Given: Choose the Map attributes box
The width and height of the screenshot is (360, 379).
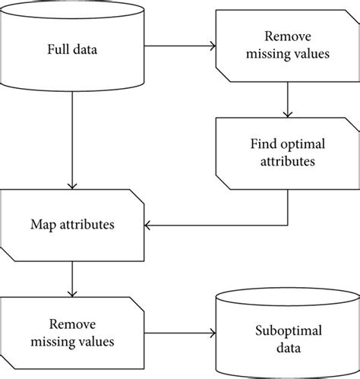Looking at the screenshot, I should [73, 225].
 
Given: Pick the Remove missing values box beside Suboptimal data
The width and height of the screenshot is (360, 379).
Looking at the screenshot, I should [72, 332].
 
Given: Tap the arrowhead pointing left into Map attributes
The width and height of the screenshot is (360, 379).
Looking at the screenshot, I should [150, 225].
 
